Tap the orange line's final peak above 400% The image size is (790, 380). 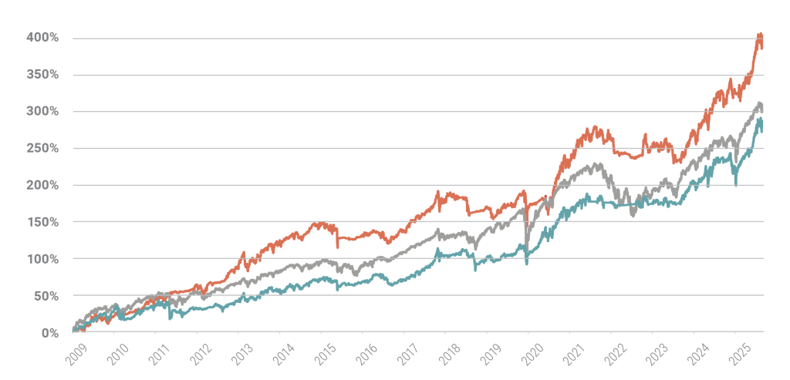coord(760,34)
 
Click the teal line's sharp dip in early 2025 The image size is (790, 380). coord(736,185)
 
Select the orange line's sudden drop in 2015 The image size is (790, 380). coord(337,246)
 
